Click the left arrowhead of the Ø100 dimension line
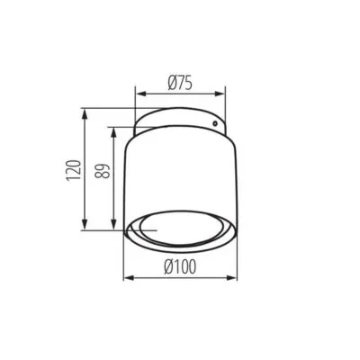[x=126, y=276]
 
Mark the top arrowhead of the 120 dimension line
[x=85, y=116]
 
